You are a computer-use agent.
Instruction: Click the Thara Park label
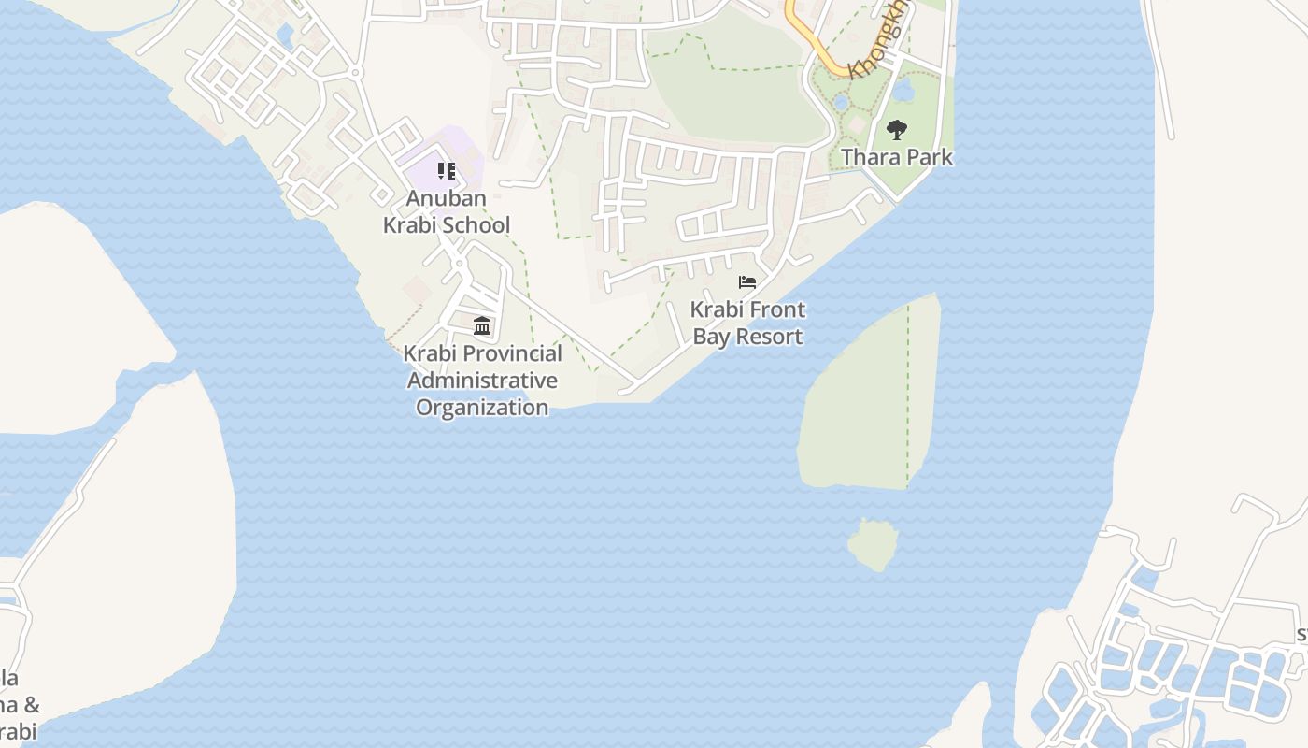tap(897, 157)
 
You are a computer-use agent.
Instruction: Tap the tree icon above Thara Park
tap(897, 129)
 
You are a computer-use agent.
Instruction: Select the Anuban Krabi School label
tap(447, 212)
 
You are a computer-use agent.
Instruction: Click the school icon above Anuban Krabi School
tap(447, 171)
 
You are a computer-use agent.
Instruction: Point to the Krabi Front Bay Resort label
tap(747, 323)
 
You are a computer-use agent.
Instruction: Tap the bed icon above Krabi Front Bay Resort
tap(747, 281)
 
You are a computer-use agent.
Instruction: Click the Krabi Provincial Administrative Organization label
tap(482, 381)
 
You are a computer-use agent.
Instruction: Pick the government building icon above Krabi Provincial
tap(482, 325)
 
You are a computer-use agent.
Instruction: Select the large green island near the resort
tap(864, 402)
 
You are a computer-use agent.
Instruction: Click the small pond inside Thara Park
tap(903, 91)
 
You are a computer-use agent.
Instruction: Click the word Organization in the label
tap(482, 408)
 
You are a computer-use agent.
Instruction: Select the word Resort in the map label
tap(769, 337)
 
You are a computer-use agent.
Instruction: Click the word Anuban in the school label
tap(446, 199)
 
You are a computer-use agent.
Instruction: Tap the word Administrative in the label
tap(482, 381)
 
